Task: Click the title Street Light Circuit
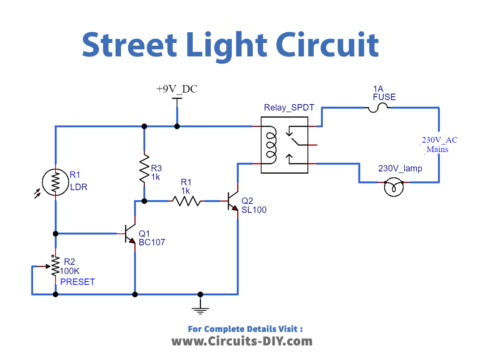[x=230, y=45]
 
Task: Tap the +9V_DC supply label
[x=177, y=89]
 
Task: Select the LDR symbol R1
[x=56, y=182]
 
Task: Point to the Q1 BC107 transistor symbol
[x=128, y=233]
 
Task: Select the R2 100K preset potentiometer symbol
[x=56, y=267]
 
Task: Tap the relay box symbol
[x=279, y=143]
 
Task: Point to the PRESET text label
[x=78, y=282]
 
